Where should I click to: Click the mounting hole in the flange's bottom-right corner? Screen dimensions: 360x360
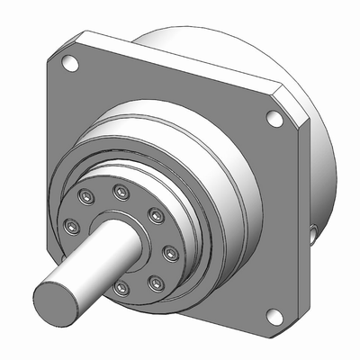click(271, 315)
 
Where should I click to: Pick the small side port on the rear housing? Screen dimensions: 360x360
click(311, 235)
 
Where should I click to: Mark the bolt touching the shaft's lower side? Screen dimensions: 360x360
click(120, 288)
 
